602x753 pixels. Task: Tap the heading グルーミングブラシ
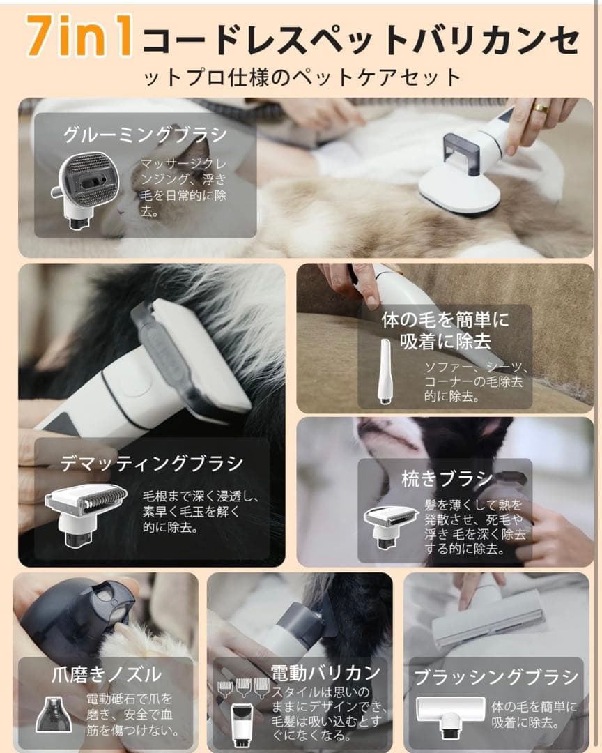click(144, 135)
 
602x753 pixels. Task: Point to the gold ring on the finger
click(540, 109)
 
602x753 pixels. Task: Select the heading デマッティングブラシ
click(151, 464)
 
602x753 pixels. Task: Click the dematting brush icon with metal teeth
click(86, 512)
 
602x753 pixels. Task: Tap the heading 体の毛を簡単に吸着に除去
click(446, 330)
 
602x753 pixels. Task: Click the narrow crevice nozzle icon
click(385, 371)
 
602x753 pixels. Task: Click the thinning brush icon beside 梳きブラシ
click(390, 525)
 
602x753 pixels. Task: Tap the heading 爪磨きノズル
click(106, 674)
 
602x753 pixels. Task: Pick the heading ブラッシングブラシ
click(496, 676)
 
